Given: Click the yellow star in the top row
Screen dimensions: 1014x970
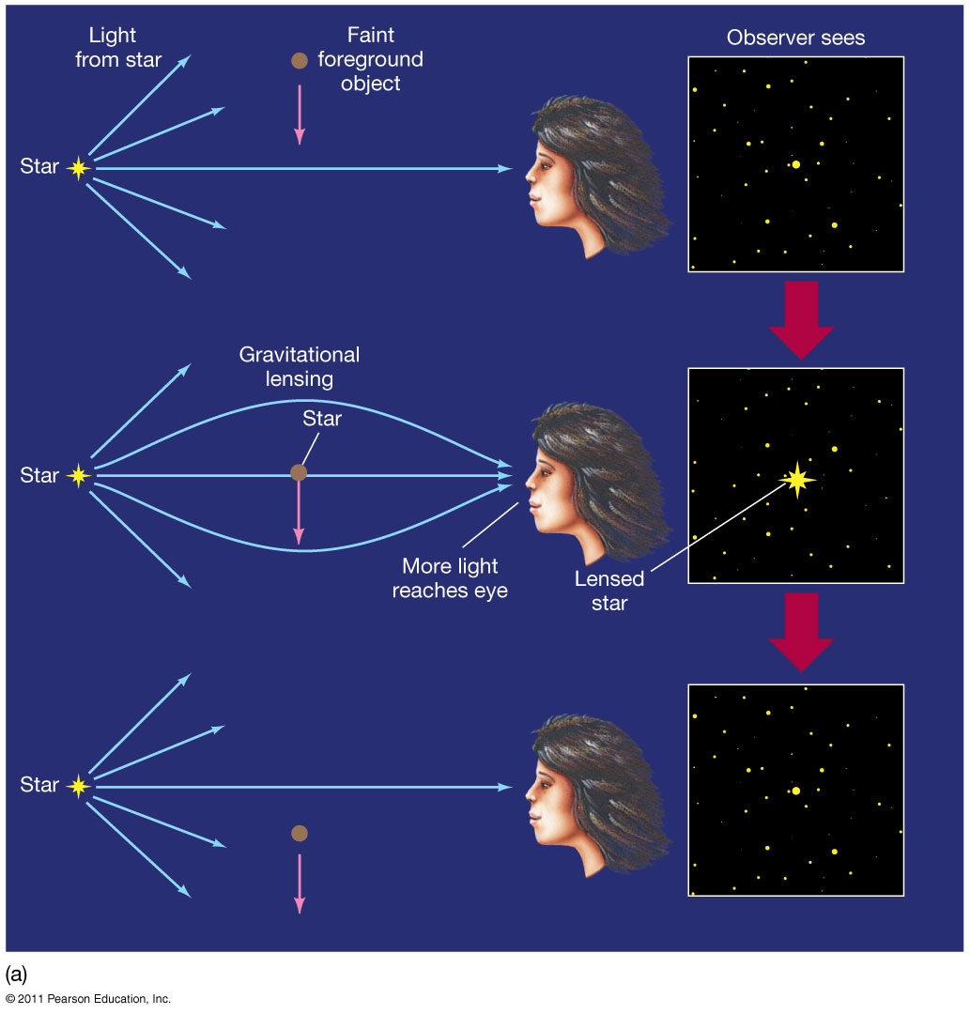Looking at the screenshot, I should point(78,168).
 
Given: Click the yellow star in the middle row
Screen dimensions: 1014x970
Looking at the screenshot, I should point(78,476).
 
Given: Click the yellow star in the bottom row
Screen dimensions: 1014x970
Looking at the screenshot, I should point(78,786).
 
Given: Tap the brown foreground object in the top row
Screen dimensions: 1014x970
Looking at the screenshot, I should point(299,61).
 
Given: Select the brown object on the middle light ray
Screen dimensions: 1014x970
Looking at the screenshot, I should point(299,472).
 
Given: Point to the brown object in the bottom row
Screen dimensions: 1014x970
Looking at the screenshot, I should point(299,833).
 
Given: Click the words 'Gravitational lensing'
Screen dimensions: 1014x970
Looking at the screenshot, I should point(300,367).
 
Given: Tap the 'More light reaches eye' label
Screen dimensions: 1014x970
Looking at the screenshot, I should point(450,578).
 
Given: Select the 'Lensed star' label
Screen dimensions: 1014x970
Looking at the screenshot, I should point(608,591).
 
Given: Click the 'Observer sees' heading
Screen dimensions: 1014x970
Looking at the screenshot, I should point(795,38).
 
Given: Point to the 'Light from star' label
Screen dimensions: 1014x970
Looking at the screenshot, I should point(125,48).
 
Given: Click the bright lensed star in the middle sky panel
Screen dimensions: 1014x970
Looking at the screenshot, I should point(797,479).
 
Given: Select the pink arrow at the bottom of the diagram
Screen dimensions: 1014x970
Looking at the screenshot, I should point(300,883).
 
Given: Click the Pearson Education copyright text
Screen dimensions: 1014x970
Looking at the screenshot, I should point(88,999).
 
